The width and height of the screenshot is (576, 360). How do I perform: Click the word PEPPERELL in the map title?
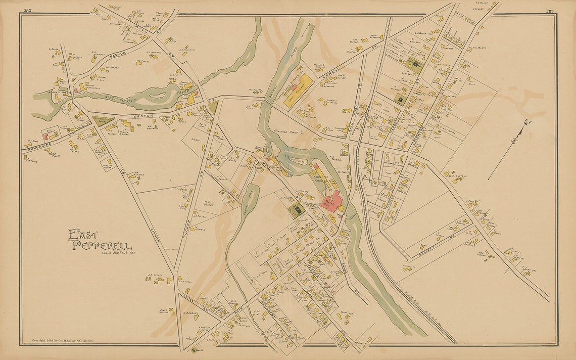click(x=102, y=246)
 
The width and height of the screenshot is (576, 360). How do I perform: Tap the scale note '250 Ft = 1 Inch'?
click(x=118, y=253)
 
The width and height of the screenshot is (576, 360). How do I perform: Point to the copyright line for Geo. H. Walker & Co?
click(x=63, y=341)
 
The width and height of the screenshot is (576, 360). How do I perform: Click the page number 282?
click(x=27, y=11)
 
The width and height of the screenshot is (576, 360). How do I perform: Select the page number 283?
click(x=550, y=11)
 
